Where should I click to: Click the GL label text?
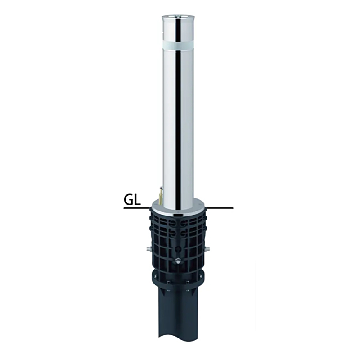click(x=132, y=200)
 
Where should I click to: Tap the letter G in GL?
click(x=129, y=200)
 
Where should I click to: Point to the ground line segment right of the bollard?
click(x=220, y=208)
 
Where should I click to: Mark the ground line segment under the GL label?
click(x=137, y=208)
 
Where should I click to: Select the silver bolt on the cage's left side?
click(x=148, y=248)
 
